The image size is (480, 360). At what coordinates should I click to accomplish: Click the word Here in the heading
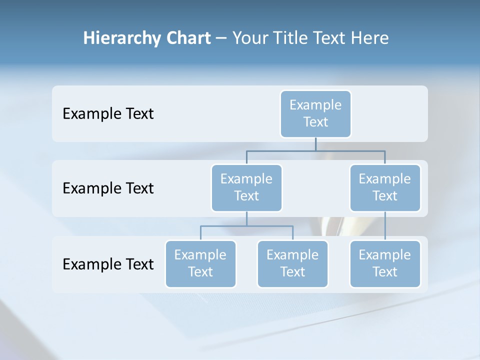[x=370, y=38]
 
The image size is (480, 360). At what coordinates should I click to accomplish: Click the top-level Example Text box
[x=315, y=113]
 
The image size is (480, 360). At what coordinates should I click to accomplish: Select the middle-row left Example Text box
[x=246, y=187]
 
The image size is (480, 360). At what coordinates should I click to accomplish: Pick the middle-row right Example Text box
[x=385, y=187]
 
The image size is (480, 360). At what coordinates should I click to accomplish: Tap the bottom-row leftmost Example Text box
[x=200, y=263]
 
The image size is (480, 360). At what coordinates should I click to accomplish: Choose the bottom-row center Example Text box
[x=292, y=263]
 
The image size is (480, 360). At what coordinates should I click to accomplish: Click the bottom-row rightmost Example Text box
[x=385, y=263]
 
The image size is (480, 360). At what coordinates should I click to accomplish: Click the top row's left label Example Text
[x=108, y=114]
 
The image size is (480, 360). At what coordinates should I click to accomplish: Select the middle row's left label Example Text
[x=108, y=188]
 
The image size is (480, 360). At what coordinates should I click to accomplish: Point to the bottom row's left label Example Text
[x=108, y=264]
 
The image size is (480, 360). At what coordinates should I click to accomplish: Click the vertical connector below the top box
[x=315, y=144]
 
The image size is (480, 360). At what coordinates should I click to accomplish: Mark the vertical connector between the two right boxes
[x=385, y=226]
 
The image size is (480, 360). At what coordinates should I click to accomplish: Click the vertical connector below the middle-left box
[x=246, y=218]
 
